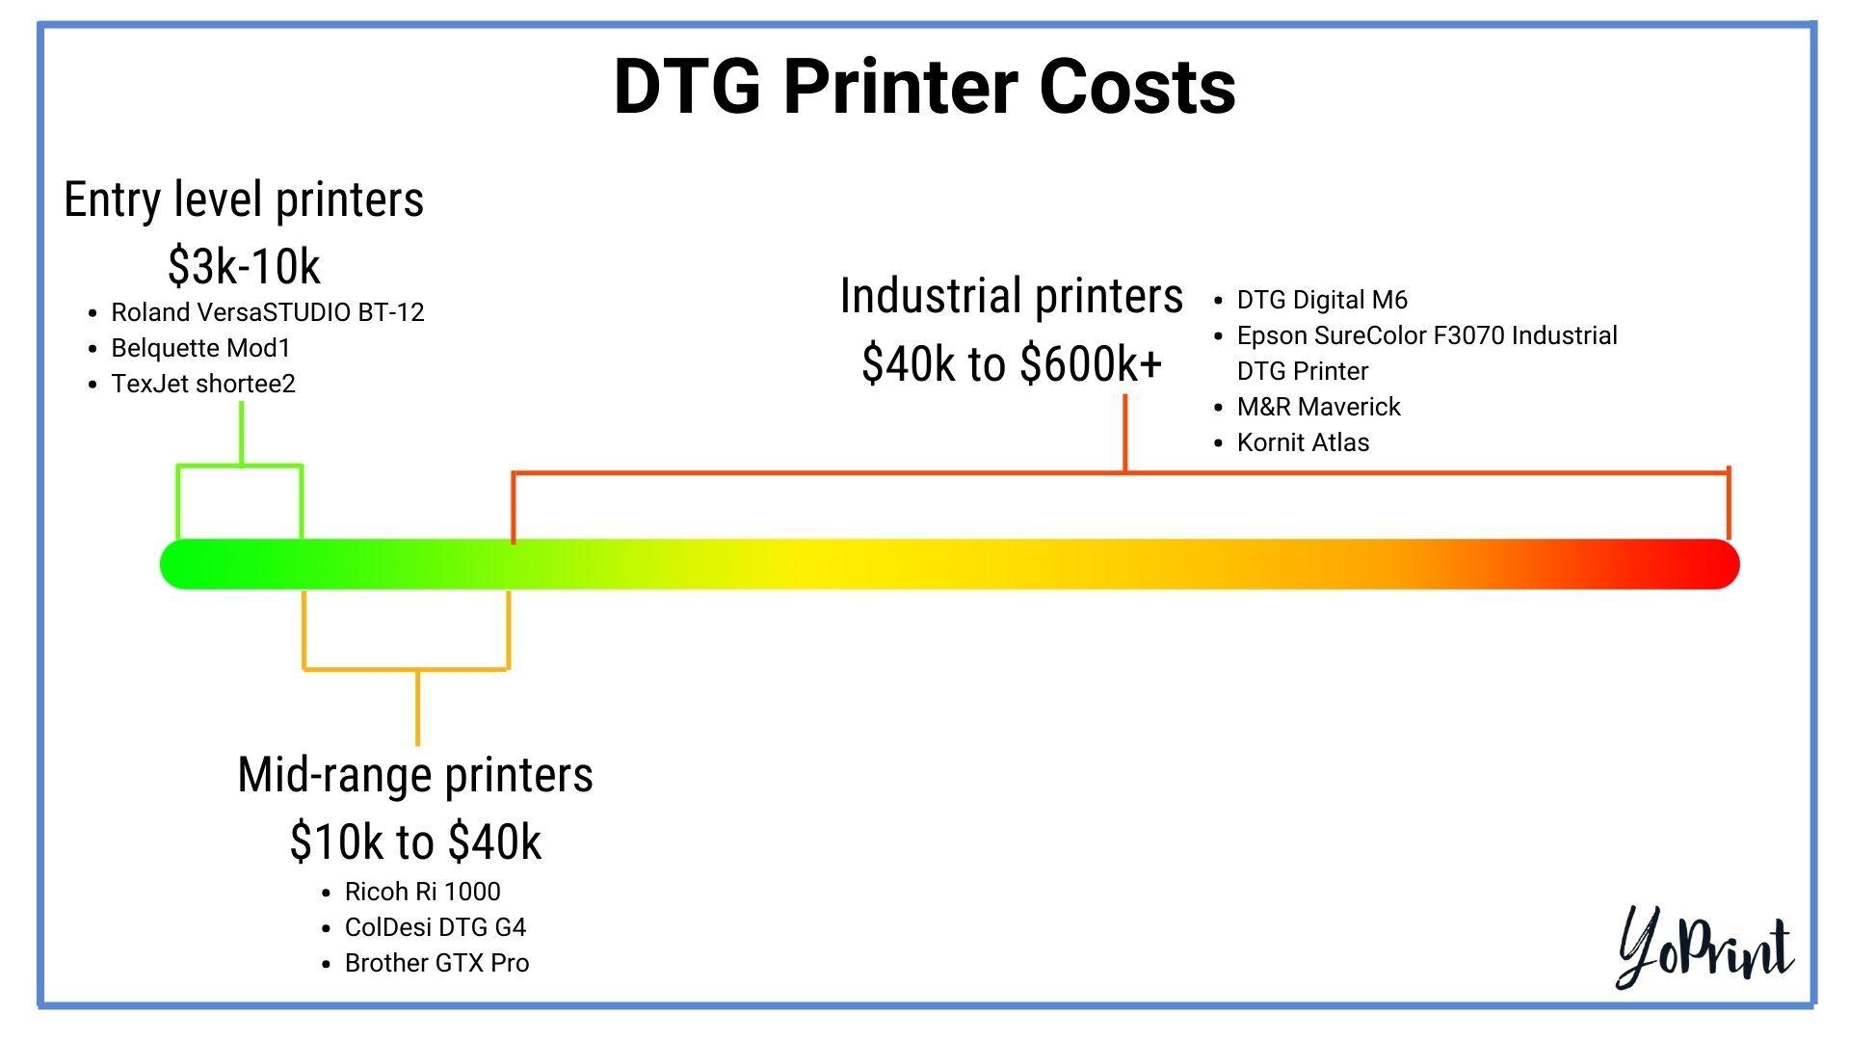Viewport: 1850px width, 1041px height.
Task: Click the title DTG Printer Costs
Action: pos(924,87)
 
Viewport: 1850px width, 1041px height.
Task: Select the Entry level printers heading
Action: pos(244,200)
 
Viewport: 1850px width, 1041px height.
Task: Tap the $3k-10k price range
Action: pos(244,266)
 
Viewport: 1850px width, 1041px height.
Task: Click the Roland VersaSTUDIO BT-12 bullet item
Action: pos(268,312)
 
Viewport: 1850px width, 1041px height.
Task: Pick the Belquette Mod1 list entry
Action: pos(200,348)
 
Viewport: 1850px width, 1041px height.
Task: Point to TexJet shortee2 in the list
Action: pos(203,384)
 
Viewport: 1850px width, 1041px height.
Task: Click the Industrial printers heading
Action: pos(1012,295)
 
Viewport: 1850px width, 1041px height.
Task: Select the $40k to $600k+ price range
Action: pos(1012,363)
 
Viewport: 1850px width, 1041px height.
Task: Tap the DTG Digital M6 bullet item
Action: pos(1322,300)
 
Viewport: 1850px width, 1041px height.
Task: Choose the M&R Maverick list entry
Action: pos(1318,407)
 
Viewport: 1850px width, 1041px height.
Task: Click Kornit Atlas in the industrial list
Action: pos(1303,442)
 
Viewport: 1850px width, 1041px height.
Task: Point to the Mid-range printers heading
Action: pos(415,774)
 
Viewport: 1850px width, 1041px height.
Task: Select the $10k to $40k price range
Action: pos(415,841)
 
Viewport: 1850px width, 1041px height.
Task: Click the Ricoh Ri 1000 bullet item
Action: pos(422,892)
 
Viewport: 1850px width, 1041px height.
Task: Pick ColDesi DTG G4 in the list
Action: pos(436,927)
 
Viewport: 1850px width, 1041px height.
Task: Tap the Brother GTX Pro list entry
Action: pos(436,963)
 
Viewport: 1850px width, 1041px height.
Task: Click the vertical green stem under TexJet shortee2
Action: pos(241,434)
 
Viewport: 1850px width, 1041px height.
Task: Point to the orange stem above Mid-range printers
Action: pos(417,707)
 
